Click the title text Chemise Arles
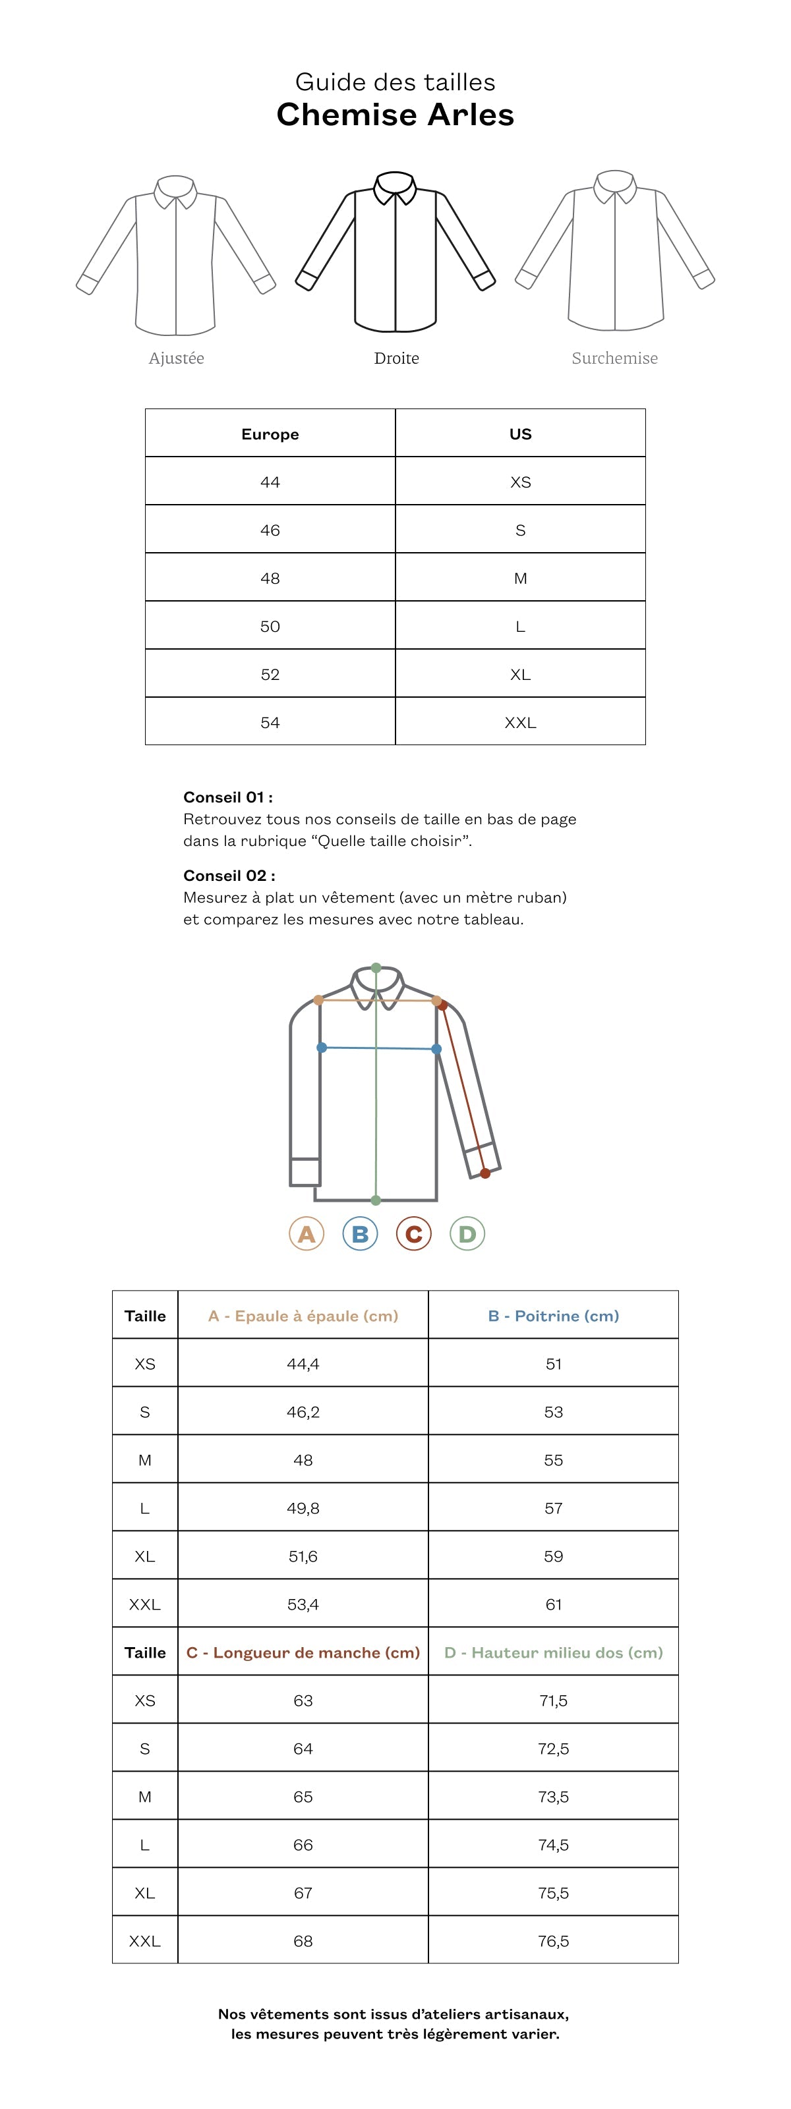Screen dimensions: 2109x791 coord(395,115)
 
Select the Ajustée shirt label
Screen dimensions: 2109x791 coord(176,358)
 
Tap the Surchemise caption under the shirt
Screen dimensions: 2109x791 coord(614,358)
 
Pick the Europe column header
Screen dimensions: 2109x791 coord(270,434)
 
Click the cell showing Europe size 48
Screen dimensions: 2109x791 coord(270,578)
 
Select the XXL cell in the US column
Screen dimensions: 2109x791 coord(520,722)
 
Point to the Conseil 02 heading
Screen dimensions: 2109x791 coord(229,875)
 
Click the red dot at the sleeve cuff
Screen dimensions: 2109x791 coord(486,1173)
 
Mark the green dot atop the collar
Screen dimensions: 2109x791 coord(376,968)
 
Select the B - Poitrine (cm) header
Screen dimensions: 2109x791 coord(553,1315)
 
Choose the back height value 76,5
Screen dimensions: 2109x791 coord(553,1940)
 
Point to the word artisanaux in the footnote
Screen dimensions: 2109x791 coord(526,2013)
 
